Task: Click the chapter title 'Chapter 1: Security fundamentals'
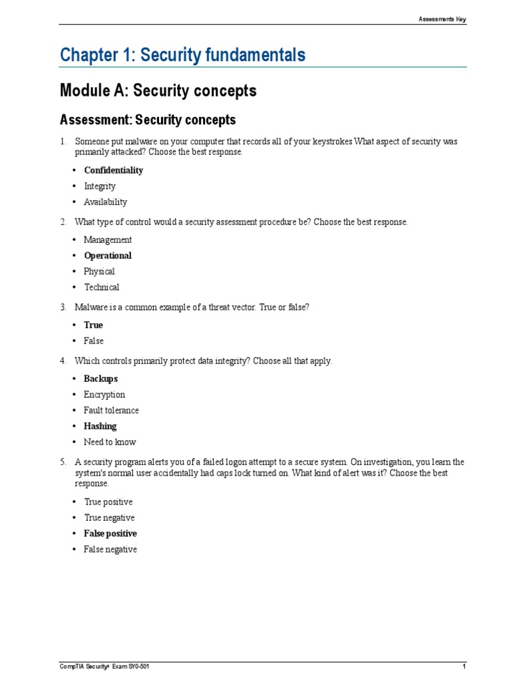coord(182,55)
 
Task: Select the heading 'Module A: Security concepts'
coord(158,91)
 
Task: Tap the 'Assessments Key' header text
coord(442,19)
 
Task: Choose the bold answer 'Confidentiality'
coord(113,170)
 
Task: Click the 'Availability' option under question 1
coord(105,202)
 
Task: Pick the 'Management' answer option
coord(108,240)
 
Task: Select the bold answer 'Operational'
coord(108,256)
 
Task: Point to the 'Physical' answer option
coord(99,272)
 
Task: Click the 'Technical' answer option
coord(101,288)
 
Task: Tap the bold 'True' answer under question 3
coord(93,325)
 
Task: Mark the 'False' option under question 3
coord(94,341)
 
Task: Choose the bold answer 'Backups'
coord(100,379)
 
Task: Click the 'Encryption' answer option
coord(104,395)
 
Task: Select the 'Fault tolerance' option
coord(111,411)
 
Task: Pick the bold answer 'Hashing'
coord(100,426)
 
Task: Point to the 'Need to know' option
coord(110,442)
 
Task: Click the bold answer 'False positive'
coord(110,534)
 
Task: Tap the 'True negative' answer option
coord(109,518)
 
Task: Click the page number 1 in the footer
coord(464,666)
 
